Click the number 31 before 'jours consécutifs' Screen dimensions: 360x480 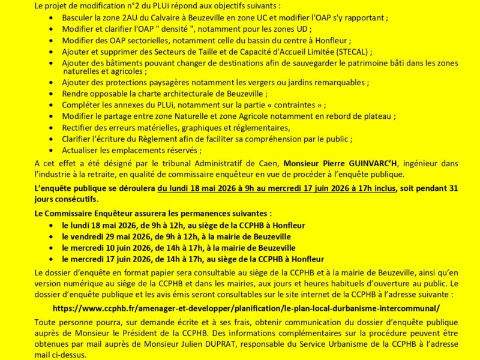pyautogui.click(x=453, y=188)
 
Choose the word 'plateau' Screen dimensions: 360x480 pyautogui.click(x=381, y=116)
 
